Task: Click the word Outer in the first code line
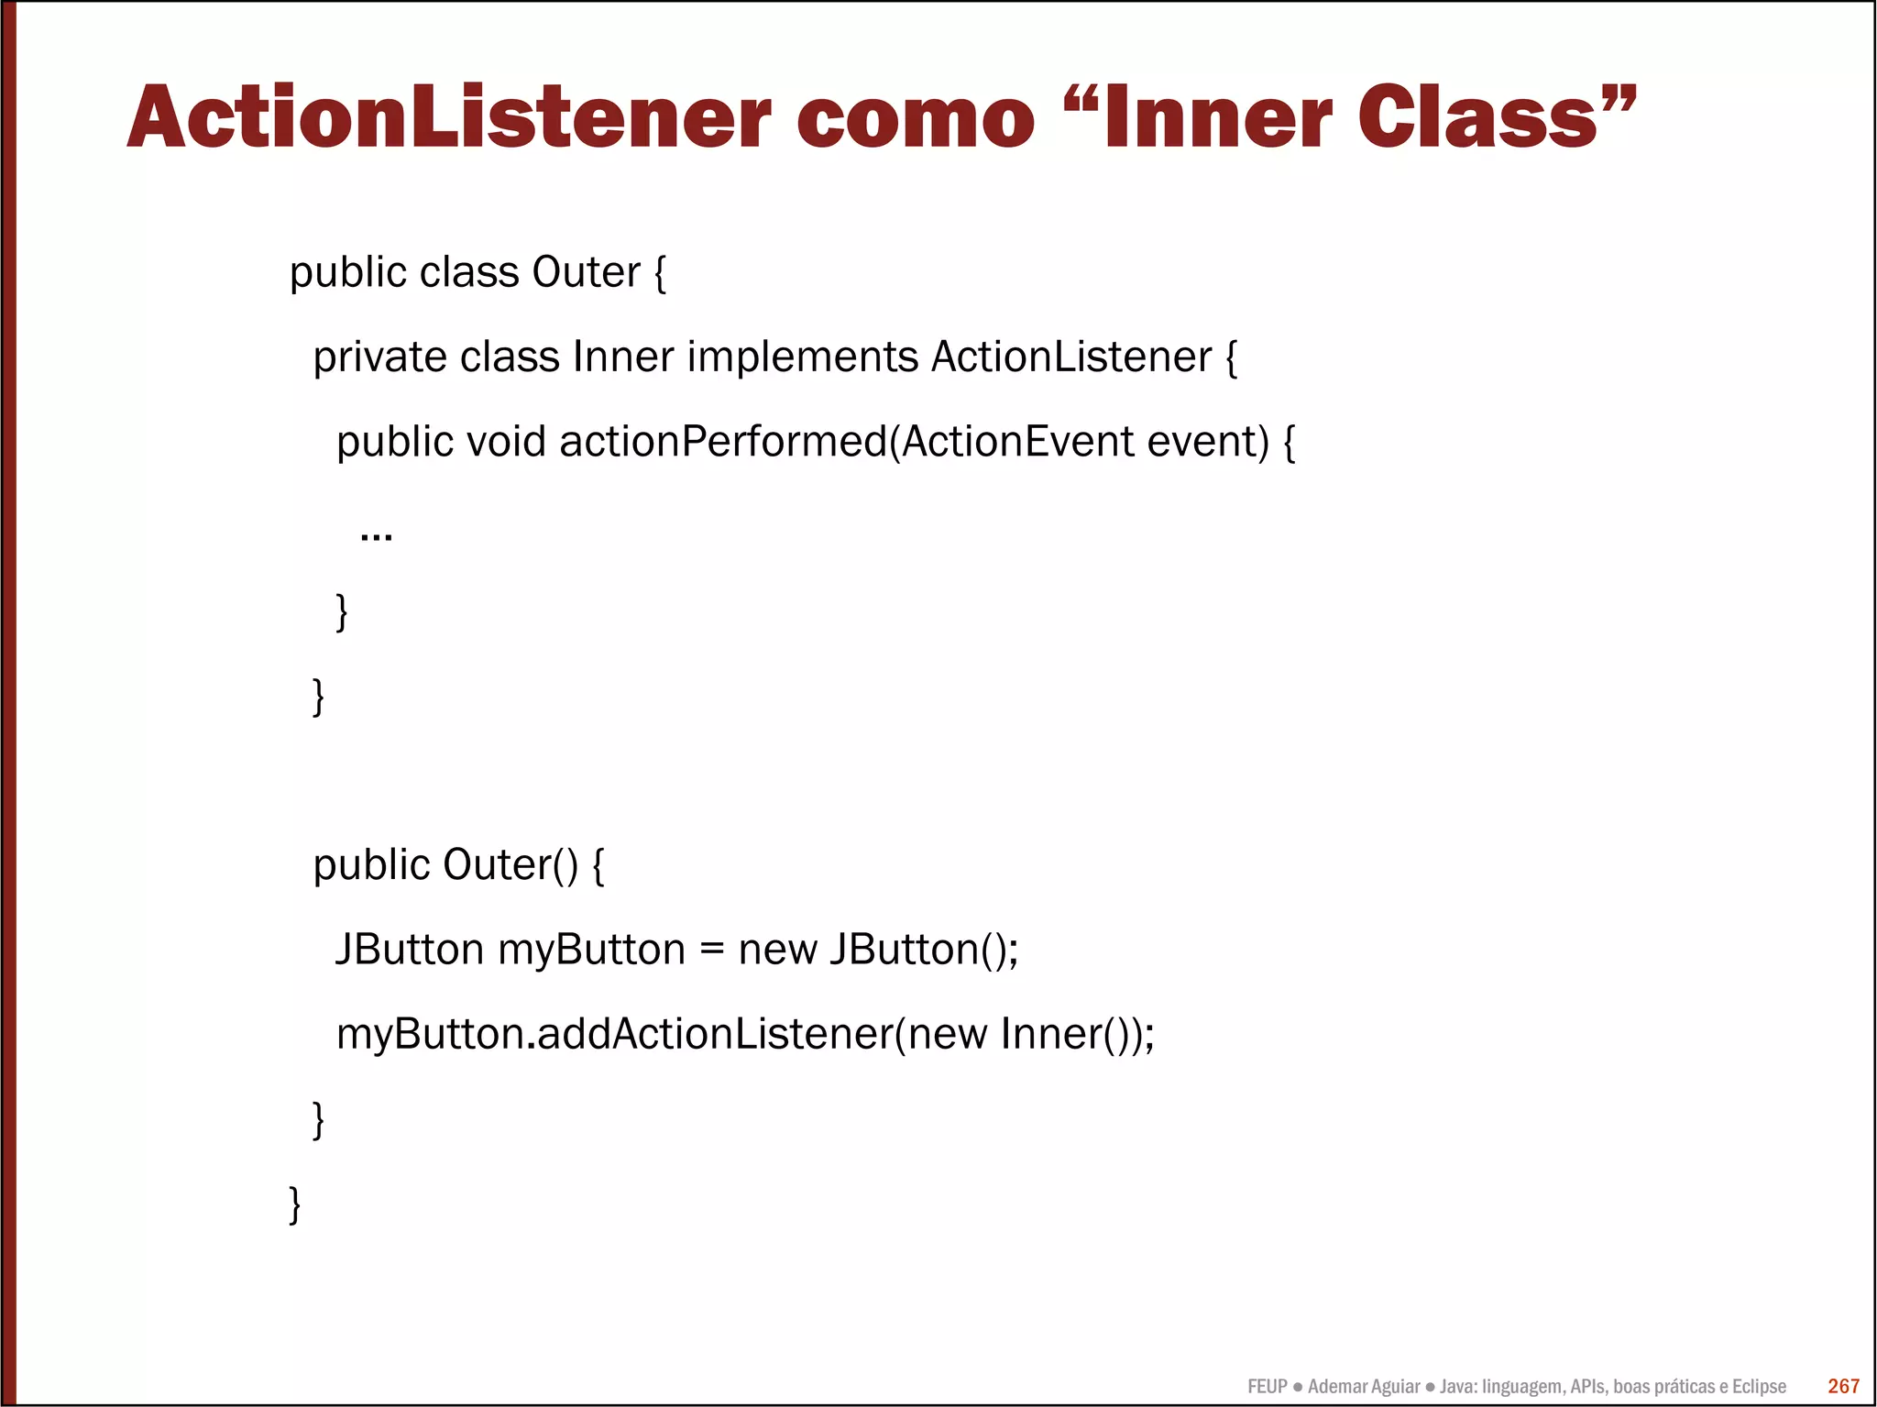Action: pos(586,272)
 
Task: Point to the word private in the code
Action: pos(379,357)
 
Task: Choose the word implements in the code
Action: pos(802,357)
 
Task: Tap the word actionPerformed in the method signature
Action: pos(723,442)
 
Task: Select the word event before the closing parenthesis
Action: pos(1207,442)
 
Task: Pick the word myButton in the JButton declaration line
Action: pos(591,950)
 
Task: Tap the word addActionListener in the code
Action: pos(714,1034)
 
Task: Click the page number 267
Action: pos(1843,1386)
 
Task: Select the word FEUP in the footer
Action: pos(1267,1387)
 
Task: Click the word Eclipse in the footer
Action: pos(1759,1387)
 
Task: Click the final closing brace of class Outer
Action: pos(294,1204)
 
